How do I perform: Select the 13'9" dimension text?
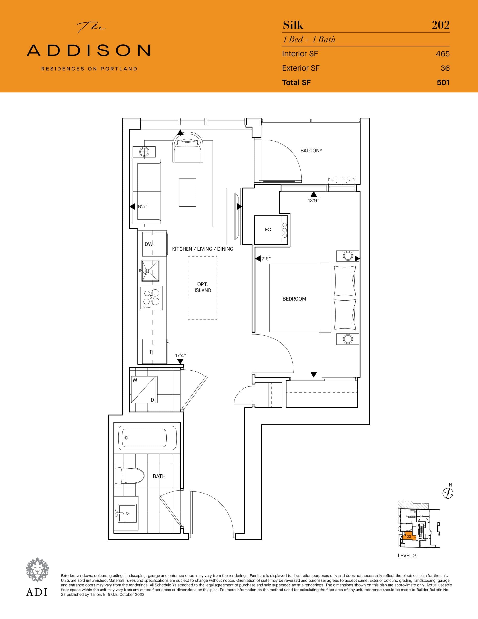click(x=313, y=201)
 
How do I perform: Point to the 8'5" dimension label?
click(x=143, y=207)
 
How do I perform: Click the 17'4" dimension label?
click(x=181, y=355)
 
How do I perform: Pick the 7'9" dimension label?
click(x=266, y=259)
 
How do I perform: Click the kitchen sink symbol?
click(x=151, y=271)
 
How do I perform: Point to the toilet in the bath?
click(x=130, y=476)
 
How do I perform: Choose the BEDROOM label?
click(x=294, y=299)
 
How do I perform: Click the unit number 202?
click(x=440, y=25)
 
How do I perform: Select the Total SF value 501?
click(x=443, y=82)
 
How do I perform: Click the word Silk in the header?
click(x=293, y=25)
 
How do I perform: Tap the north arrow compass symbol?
click(x=448, y=494)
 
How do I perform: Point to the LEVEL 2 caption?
click(x=407, y=555)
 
